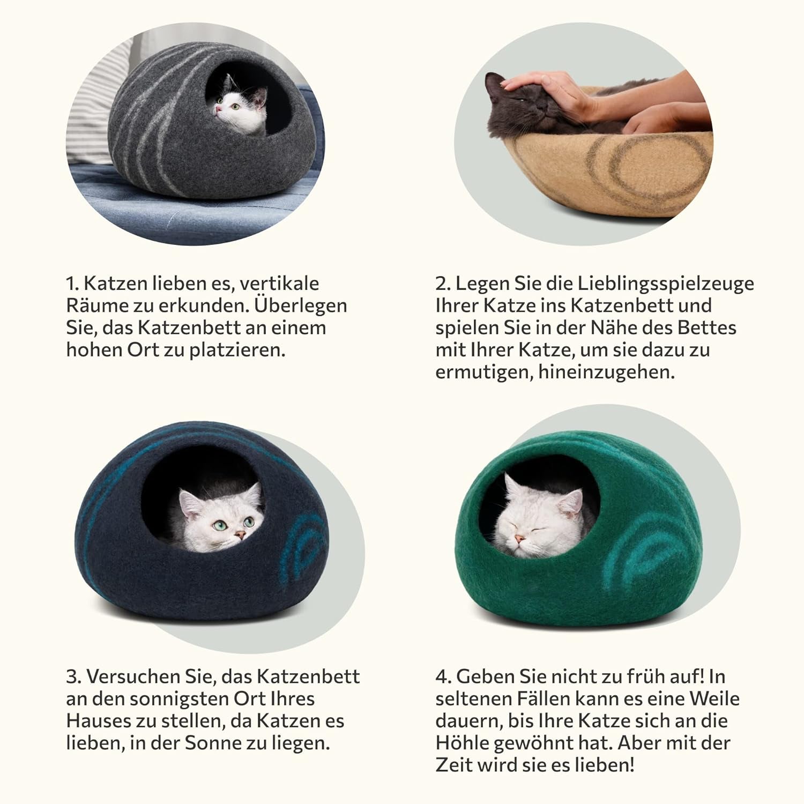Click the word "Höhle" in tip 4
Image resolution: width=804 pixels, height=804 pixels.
click(x=461, y=743)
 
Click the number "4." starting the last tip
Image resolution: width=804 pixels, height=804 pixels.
click(x=443, y=676)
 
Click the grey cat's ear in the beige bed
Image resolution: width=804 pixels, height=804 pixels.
click(x=494, y=83)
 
